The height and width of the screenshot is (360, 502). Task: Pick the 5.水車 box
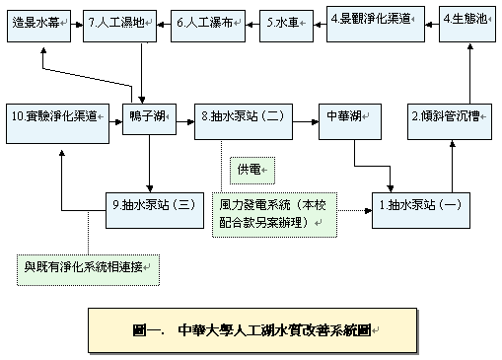click(x=285, y=21)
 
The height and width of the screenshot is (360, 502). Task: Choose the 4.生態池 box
click(x=466, y=19)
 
